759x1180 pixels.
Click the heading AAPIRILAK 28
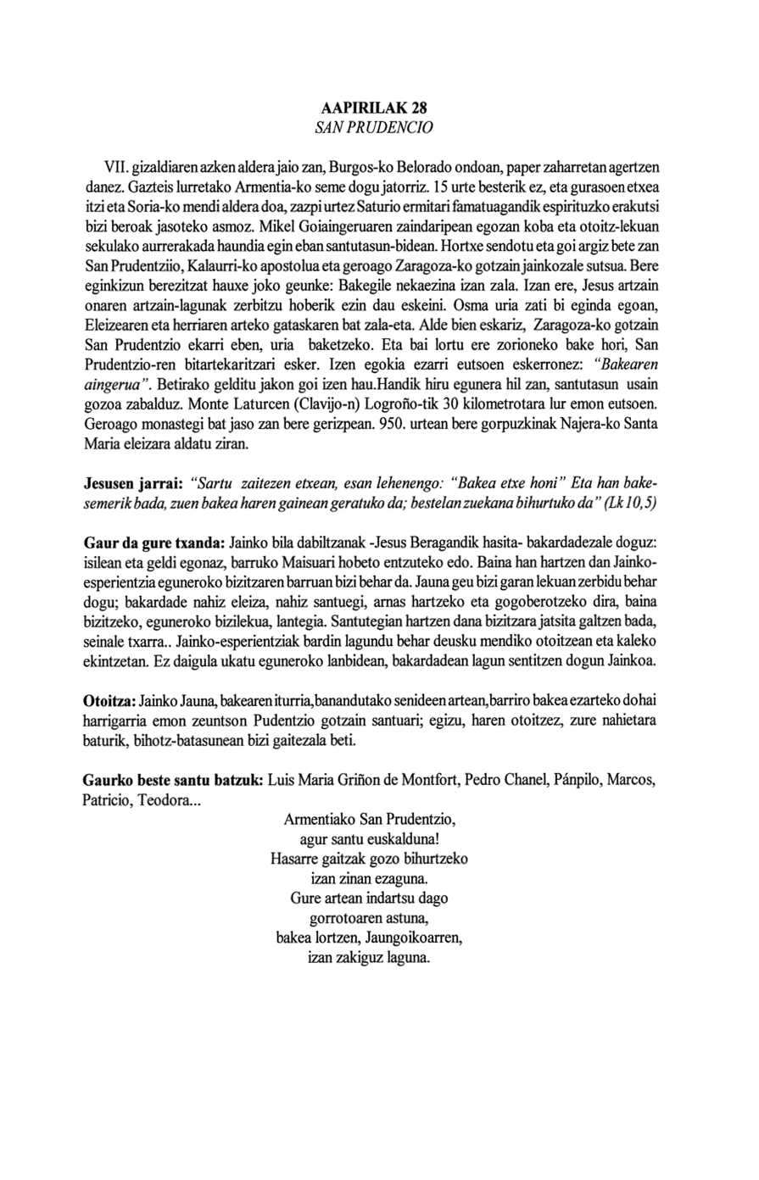[x=374, y=109]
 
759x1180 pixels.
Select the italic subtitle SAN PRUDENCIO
[x=374, y=128]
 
